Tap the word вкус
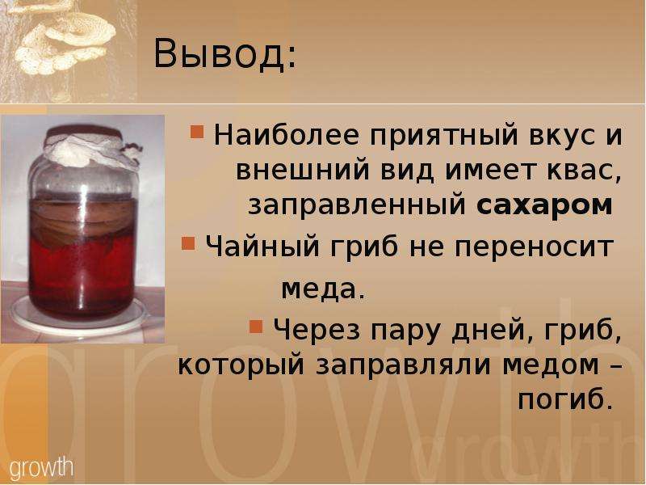click(562, 136)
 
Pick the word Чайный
click(262, 247)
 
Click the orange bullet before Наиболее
click(197, 132)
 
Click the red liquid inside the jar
click(82, 276)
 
